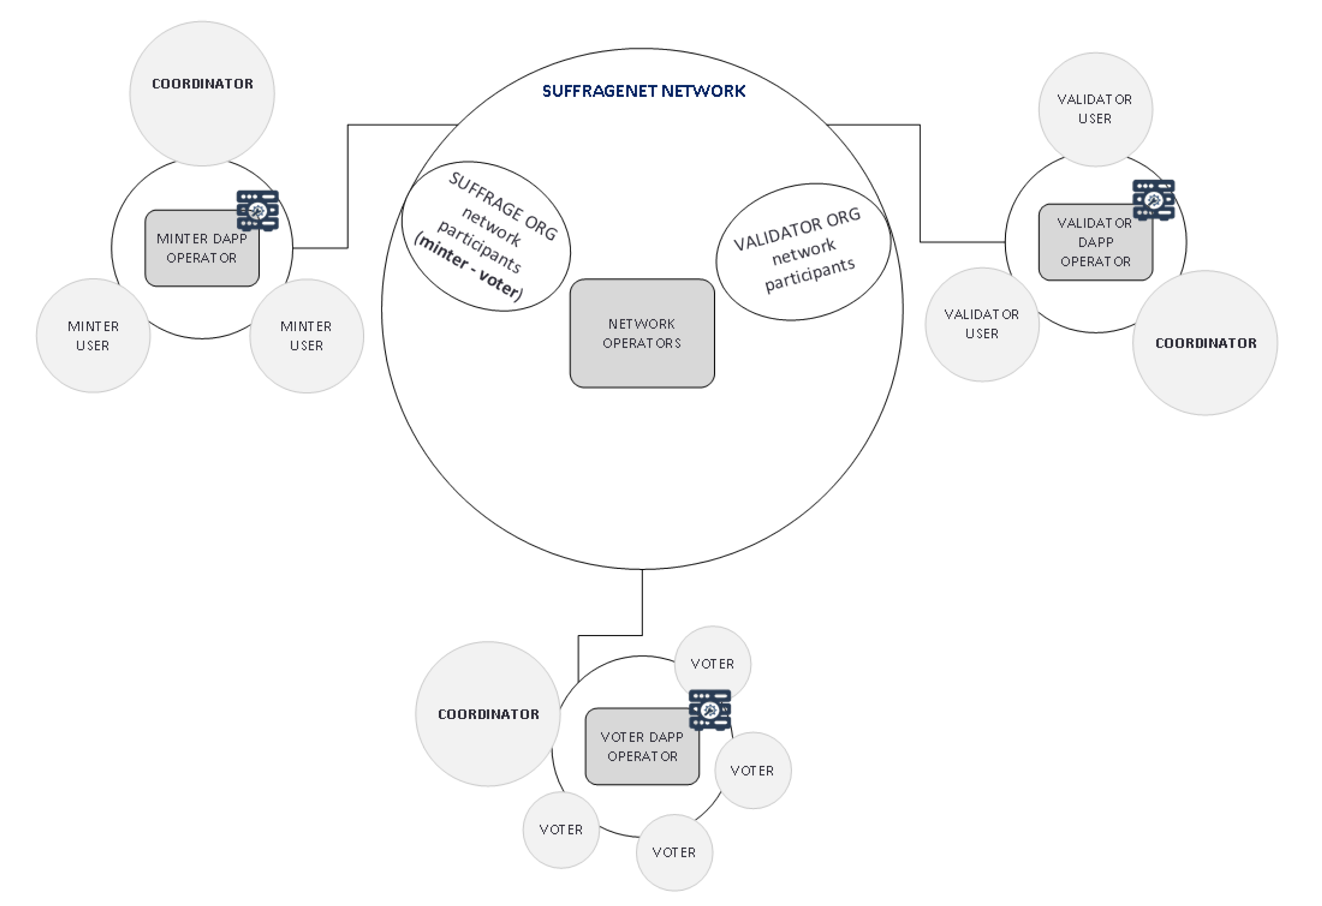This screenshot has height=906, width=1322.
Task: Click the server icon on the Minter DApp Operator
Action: pos(258,211)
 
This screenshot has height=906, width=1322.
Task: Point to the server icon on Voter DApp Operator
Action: pos(709,710)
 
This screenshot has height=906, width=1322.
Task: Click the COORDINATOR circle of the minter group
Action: pos(202,114)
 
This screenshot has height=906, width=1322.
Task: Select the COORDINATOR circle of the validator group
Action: pos(1205,370)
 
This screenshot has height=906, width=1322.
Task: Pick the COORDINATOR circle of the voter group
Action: pos(487,740)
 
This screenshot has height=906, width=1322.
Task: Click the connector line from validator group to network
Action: pos(920,182)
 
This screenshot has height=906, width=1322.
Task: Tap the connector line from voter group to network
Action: pos(642,603)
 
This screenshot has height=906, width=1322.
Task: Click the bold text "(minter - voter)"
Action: pos(468,267)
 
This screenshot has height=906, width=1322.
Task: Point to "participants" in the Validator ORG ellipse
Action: pos(809,275)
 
